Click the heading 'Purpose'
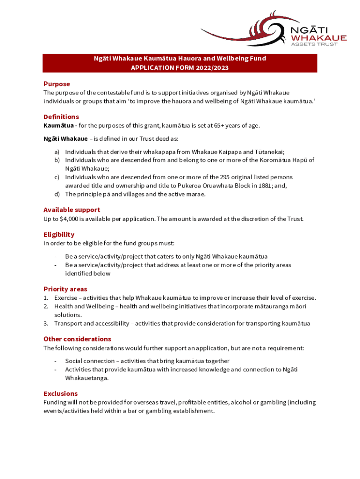click(57, 84)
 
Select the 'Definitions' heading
click(61, 117)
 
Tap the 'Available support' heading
click(72, 210)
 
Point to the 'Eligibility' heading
click(59, 234)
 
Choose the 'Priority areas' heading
click(65, 289)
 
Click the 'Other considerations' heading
click(77, 339)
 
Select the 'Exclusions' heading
click(60, 394)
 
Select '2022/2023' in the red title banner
click(213, 68)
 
